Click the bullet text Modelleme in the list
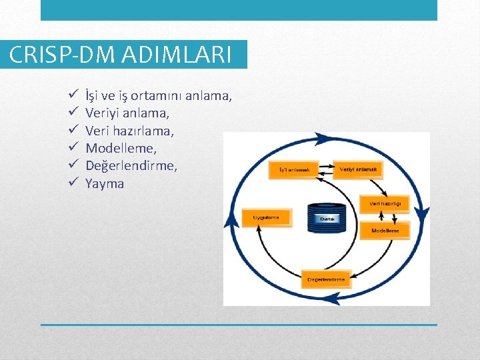[121, 149]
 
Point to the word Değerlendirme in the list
[131, 166]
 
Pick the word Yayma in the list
[105, 183]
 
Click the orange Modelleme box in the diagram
[385, 231]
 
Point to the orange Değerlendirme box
[327, 279]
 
